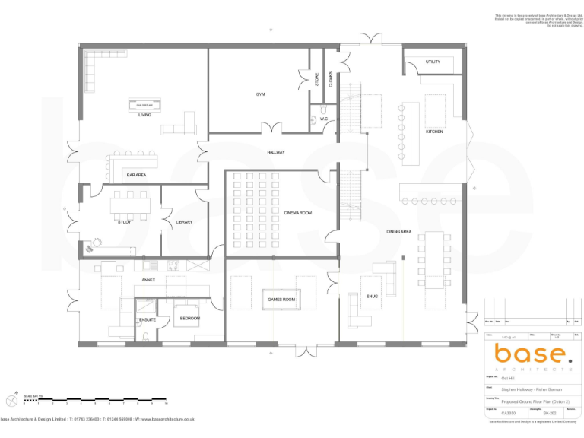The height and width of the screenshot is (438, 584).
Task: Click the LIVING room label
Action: [144, 115]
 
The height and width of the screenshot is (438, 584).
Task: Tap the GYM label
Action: [260, 94]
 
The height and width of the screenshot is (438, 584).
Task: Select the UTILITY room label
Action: [433, 62]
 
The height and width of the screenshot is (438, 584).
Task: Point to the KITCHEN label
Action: [434, 132]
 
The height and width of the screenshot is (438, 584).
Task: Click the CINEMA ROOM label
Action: [298, 213]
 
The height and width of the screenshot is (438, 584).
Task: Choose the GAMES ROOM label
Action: [281, 300]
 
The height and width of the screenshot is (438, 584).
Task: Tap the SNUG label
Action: [373, 297]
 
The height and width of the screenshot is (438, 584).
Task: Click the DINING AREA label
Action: [398, 231]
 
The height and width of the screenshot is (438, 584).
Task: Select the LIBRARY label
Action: [184, 222]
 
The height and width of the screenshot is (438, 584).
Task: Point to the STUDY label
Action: [125, 221]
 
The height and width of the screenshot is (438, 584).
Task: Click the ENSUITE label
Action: [148, 319]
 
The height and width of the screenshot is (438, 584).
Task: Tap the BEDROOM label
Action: [190, 318]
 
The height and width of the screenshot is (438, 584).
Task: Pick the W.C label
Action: [324, 119]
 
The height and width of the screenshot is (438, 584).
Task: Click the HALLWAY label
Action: [275, 152]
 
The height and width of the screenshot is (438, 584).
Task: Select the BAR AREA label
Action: [137, 175]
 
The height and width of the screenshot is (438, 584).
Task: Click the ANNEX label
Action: [148, 280]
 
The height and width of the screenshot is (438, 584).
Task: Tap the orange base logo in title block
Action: [530, 354]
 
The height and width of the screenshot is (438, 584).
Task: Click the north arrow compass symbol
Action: [12, 400]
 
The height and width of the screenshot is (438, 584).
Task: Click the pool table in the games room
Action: [281, 300]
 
